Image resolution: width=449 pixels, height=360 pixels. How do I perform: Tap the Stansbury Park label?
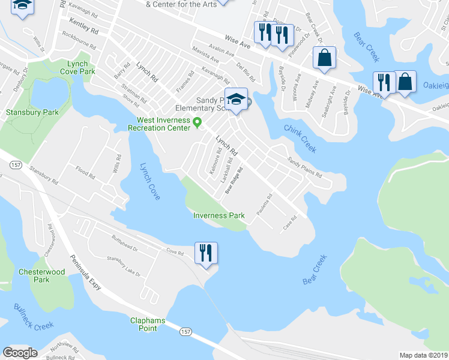point(24,112)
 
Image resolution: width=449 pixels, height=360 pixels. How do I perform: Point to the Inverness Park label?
point(218,215)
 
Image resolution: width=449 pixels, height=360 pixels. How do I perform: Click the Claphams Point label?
point(148,324)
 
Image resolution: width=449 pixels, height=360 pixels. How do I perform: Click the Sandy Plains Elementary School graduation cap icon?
point(237,99)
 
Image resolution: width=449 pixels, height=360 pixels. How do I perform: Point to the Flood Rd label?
point(85,175)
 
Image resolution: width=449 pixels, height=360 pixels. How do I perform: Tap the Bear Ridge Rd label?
point(234,179)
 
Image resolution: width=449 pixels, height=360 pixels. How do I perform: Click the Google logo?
point(20,353)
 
